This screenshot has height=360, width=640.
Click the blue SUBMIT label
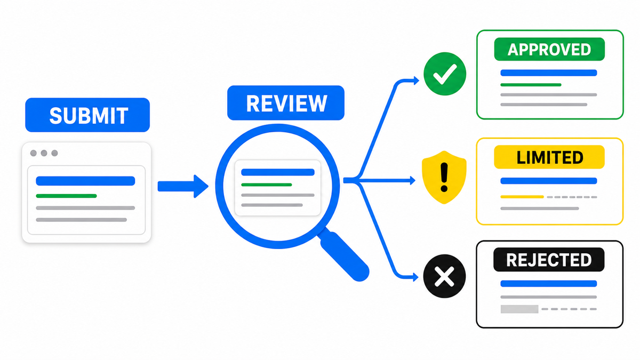tap(87, 115)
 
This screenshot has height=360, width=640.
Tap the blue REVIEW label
tap(286, 103)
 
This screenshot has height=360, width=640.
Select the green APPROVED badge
tap(549, 49)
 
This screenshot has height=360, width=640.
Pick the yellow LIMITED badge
tap(549, 157)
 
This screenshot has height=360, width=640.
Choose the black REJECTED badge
tap(549, 259)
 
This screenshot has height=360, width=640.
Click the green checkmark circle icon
tap(445, 74)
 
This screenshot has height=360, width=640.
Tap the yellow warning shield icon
tap(444, 177)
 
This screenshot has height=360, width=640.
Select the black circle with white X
tap(444, 276)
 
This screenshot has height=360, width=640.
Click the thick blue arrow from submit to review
tap(183, 186)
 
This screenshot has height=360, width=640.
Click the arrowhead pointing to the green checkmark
tap(417, 81)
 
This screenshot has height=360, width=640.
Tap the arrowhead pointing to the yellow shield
tap(413, 180)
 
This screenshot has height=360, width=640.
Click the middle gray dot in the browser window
tap(44, 153)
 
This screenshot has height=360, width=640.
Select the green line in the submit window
tap(66, 196)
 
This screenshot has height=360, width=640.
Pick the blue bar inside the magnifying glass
tap(278, 172)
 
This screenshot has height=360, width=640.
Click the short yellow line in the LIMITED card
tap(522, 197)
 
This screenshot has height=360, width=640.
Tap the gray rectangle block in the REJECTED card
tap(519, 309)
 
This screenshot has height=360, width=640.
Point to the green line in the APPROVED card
tap(531, 85)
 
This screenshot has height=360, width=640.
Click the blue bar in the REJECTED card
tap(549, 283)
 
